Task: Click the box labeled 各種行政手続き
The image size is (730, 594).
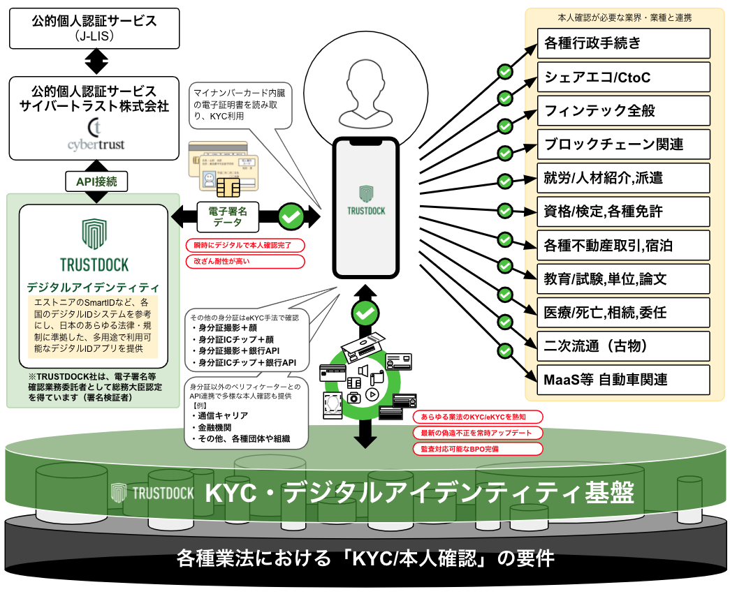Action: pyautogui.click(x=624, y=43)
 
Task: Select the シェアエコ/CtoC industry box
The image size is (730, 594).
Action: pyautogui.click(x=624, y=77)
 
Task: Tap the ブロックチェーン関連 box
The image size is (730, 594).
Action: pyautogui.click(x=624, y=144)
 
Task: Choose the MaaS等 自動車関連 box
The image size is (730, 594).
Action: pyautogui.click(x=624, y=380)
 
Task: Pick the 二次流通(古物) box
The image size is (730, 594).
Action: pyautogui.click(x=624, y=346)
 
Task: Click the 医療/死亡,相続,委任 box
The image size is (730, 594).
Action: pyautogui.click(x=624, y=313)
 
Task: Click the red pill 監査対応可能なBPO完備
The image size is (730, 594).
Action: pyautogui.click(x=476, y=449)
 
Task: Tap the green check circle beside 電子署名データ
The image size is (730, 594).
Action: pyautogui.click(x=291, y=216)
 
